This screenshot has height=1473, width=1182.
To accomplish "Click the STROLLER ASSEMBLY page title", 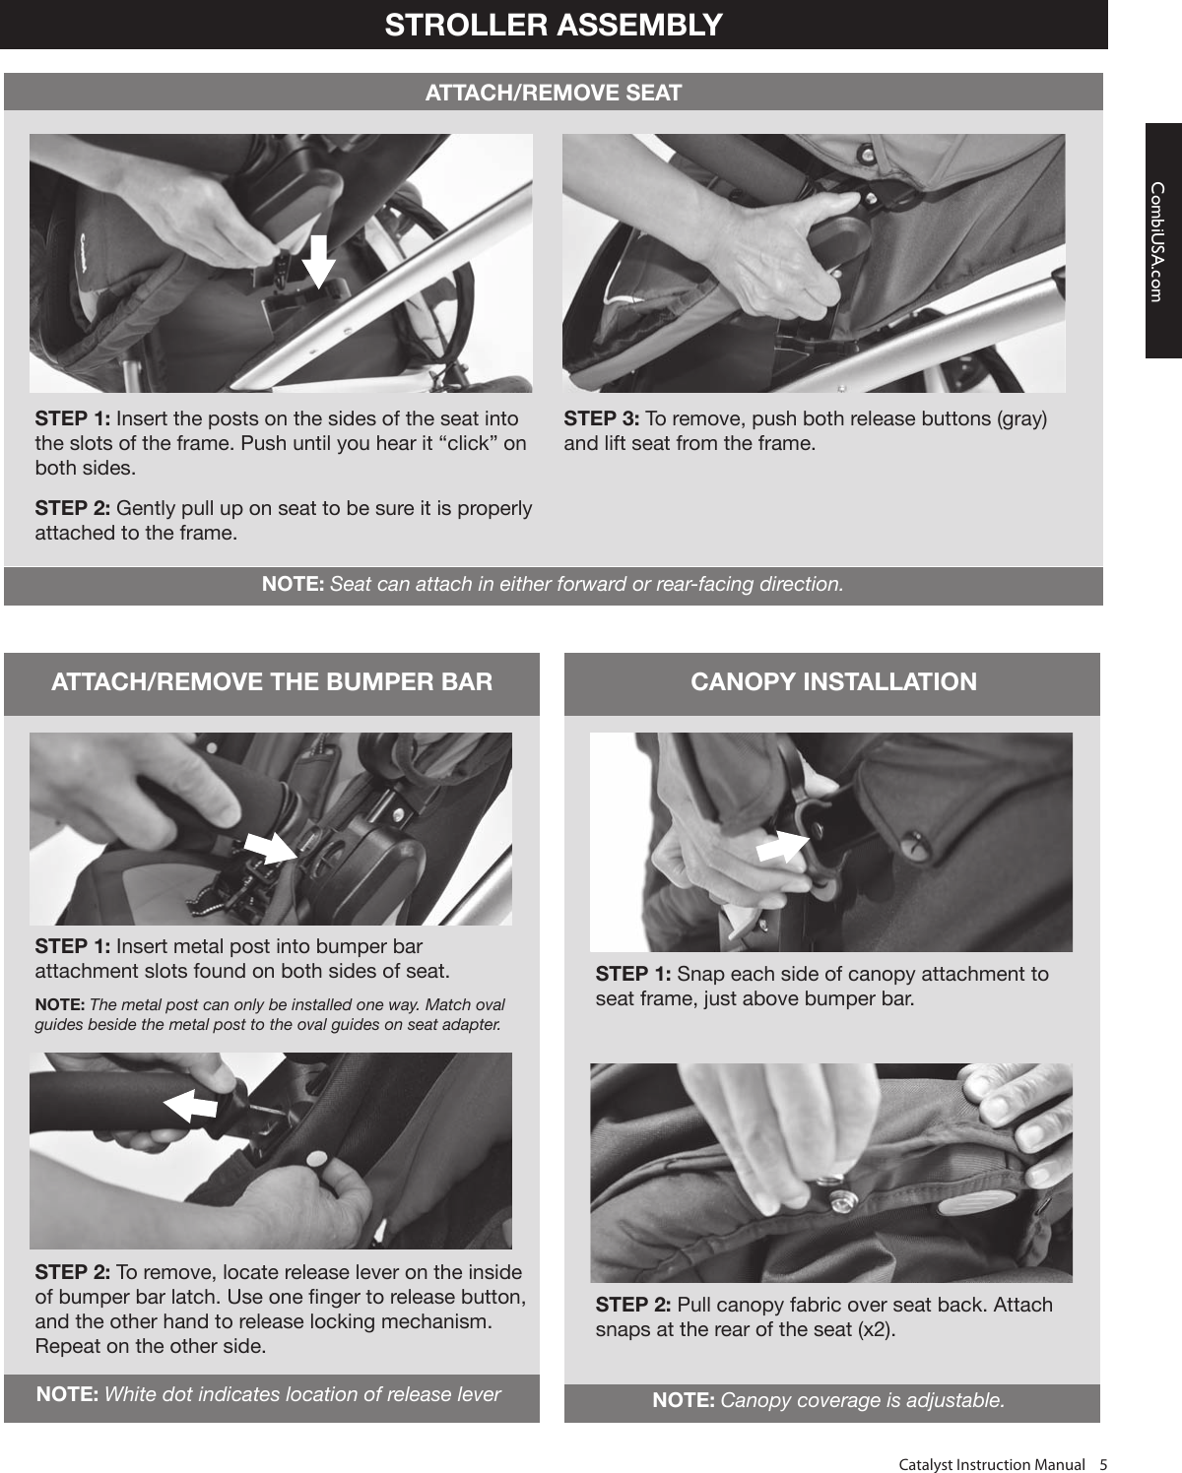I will (x=554, y=25).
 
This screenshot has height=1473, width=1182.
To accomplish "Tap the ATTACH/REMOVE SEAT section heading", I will (x=553, y=93).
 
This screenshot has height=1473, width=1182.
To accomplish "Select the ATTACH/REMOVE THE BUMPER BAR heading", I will (x=272, y=682).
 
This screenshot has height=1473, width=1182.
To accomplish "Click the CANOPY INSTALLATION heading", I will (x=833, y=682).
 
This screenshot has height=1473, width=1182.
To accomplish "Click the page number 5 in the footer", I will (x=1103, y=1464).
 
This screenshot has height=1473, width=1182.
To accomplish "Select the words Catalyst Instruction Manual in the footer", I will (x=991, y=1464).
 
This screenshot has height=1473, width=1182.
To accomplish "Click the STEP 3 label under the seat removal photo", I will (x=600, y=419).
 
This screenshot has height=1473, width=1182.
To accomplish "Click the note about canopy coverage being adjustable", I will (x=828, y=1400).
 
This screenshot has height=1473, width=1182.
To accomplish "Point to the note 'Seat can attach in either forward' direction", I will (x=553, y=584).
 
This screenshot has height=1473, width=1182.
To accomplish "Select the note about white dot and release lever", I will (x=268, y=1394).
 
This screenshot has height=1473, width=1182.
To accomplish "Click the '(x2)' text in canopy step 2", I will (x=876, y=1330).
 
